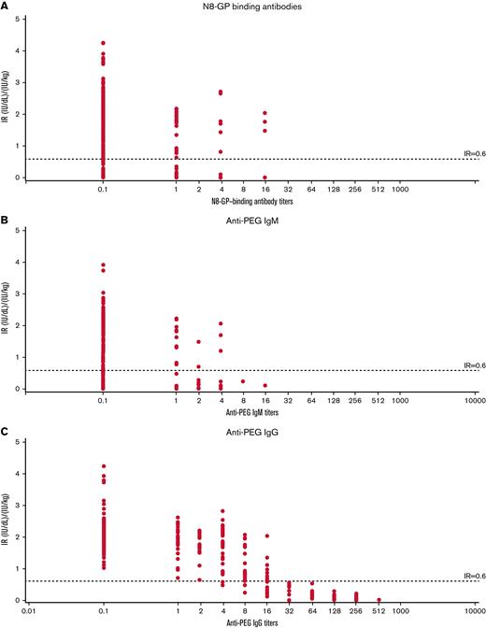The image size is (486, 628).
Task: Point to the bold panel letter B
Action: click(x=5, y=217)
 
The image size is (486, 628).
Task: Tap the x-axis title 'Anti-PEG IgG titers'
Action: click(x=243, y=621)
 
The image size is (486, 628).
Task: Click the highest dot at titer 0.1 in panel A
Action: click(x=103, y=43)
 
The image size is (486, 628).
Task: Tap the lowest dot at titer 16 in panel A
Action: click(x=265, y=177)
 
